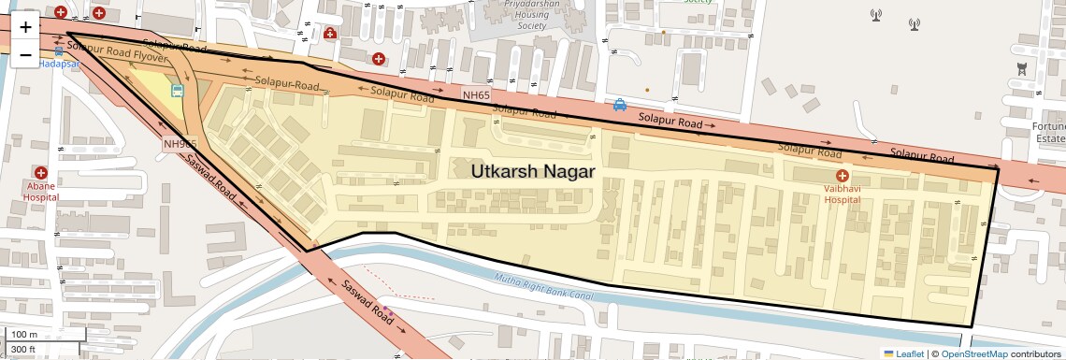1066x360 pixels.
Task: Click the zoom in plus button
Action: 26,27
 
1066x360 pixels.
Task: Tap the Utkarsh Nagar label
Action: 533,172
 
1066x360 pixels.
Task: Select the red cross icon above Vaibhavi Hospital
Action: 842,176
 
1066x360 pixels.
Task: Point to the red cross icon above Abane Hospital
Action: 41,173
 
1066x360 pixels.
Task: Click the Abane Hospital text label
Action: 41,192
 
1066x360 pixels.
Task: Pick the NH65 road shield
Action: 476,95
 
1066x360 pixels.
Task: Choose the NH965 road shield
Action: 180,143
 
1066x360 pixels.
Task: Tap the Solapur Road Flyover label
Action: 118,58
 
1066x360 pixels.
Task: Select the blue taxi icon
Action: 619,105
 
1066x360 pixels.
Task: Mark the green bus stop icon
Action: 177,91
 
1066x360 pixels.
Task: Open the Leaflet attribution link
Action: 903,353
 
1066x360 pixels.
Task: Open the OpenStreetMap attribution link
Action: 973,353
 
